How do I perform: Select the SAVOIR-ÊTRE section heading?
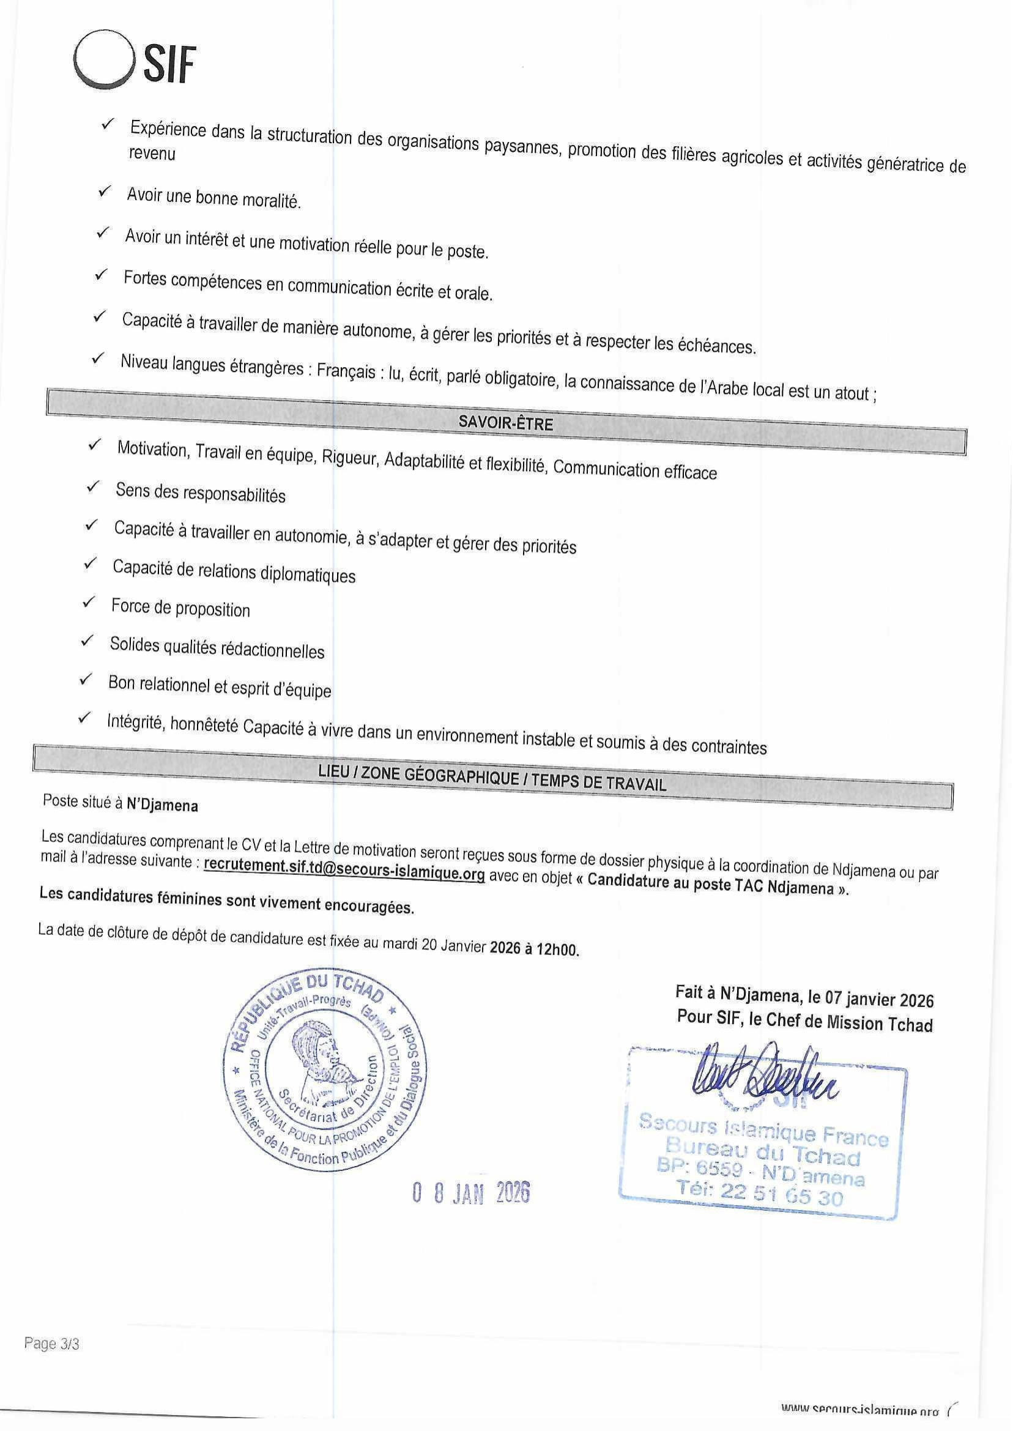(x=506, y=423)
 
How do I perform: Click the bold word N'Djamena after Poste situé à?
(x=162, y=805)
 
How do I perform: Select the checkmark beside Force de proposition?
(x=89, y=603)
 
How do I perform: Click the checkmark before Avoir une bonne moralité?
(x=104, y=192)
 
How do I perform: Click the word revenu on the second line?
(x=152, y=153)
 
